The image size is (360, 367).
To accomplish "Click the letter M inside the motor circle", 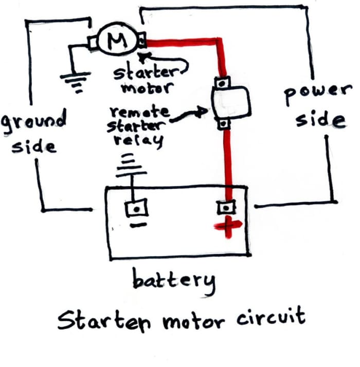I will (x=117, y=39).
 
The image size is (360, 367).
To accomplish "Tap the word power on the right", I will (x=316, y=94).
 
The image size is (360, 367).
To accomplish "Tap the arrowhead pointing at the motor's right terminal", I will (x=147, y=53).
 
